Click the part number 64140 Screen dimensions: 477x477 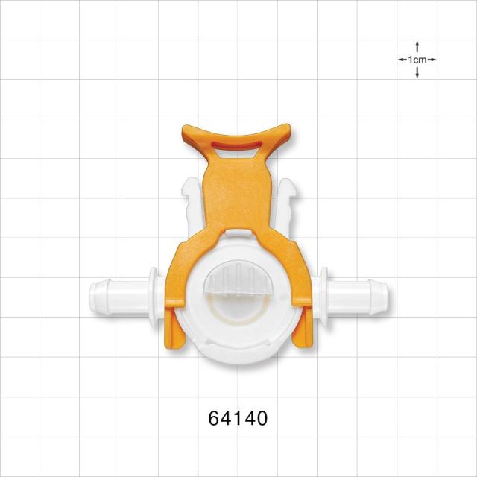(x=238, y=418)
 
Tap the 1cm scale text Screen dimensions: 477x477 (x=417, y=60)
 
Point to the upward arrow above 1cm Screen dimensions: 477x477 (x=417, y=46)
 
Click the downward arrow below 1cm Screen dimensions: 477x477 (x=417, y=73)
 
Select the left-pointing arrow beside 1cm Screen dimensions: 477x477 (x=402, y=60)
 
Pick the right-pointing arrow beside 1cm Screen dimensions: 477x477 (x=432, y=60)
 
